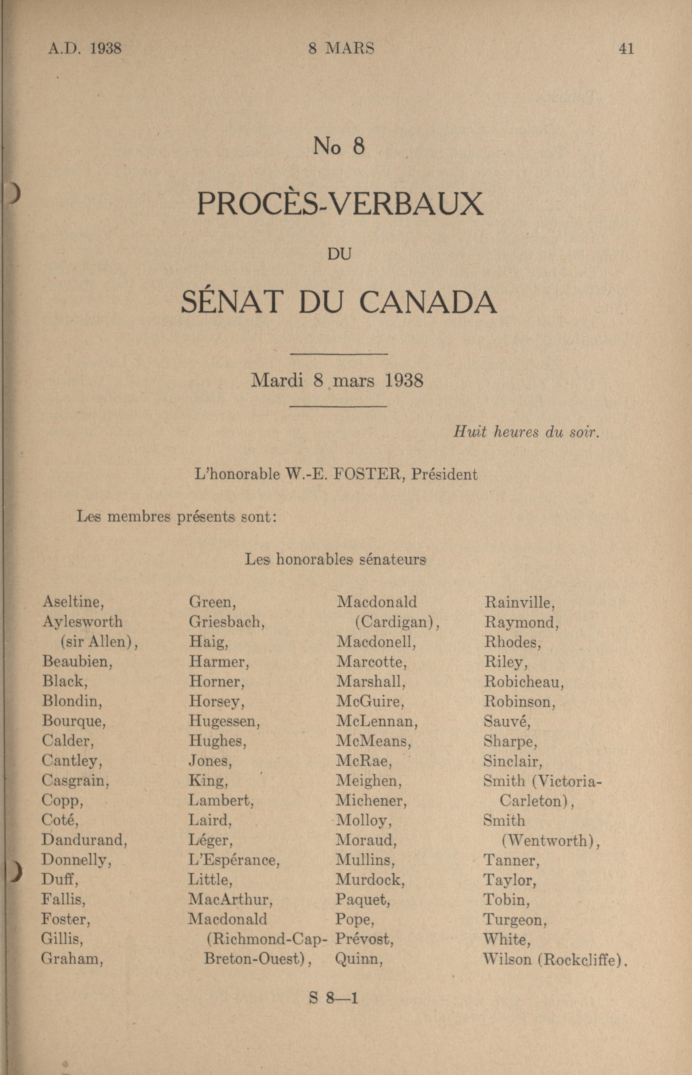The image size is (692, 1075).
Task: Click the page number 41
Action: pyautogui.click(x=626, y=48)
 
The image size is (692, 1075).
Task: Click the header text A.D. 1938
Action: pyautogui.click(x=85, y=48)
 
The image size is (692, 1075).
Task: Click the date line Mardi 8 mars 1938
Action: pyautogui.click(x=337, y=381)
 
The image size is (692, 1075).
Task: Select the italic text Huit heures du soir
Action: pyautogui.click(x=526, y=432)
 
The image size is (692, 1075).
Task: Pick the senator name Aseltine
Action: pyautogui.click(x=73, y=601)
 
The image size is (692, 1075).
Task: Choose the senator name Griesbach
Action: pyautogui.click(x=227, y=622)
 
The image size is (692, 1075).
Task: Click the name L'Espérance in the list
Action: pyautogui.click(x=234, y=860)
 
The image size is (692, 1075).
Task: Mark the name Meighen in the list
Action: pyautogui.click(x=368, y=781)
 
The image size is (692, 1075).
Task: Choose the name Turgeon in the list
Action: pyautogui.click(x=515, y=920)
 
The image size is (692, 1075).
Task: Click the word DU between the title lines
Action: pyautogui.click(x=339, y=254)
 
